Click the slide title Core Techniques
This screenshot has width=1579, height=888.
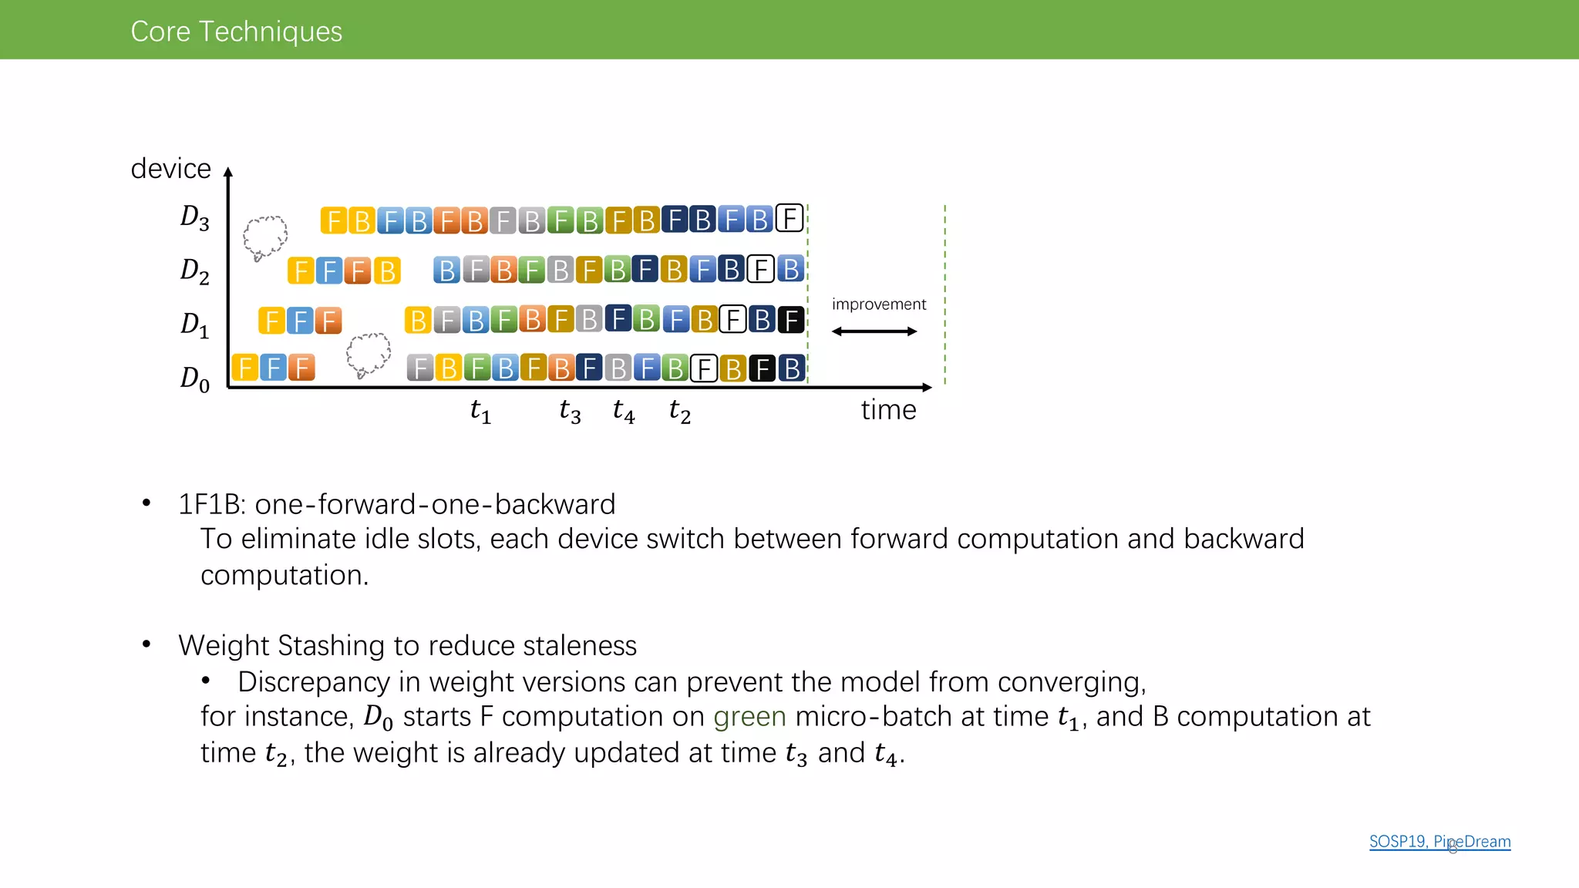point(236,31)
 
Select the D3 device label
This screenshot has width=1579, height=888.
point(194,217)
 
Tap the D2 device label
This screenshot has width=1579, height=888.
point(194,271)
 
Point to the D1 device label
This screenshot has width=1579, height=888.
point(194,324)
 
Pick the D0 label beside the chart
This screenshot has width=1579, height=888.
point(194,378)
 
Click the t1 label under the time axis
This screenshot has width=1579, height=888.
point(480,411)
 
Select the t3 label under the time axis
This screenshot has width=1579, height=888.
point(570,411)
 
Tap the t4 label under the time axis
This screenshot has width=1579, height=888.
point(624,411)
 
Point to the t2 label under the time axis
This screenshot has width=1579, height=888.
point(679,411)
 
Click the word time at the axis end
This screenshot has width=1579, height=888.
point(888,409)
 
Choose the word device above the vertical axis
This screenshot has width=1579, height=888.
point(170,168)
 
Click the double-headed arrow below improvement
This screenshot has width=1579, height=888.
point(874,331)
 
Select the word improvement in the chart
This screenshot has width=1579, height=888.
point(878,304)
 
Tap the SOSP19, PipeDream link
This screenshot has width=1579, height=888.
point(1439,841)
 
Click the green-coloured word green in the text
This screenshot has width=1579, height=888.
point(749,717)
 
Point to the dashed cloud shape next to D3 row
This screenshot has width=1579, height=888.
point(265,236)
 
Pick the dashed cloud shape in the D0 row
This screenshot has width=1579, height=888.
point(368,354)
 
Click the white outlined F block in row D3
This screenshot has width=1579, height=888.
point(789,219)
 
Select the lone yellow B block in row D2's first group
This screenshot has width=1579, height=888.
point(387,271)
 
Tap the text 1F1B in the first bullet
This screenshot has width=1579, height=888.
point(210,504)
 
